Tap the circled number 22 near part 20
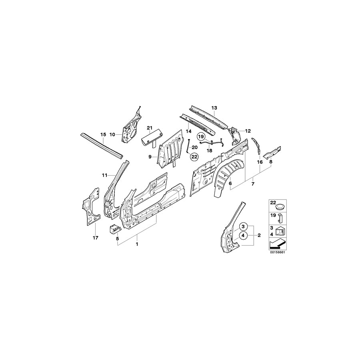194,157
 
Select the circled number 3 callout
242,226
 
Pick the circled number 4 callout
242,235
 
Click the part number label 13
214,108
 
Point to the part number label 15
102,134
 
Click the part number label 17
95,238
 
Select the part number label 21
149,128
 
